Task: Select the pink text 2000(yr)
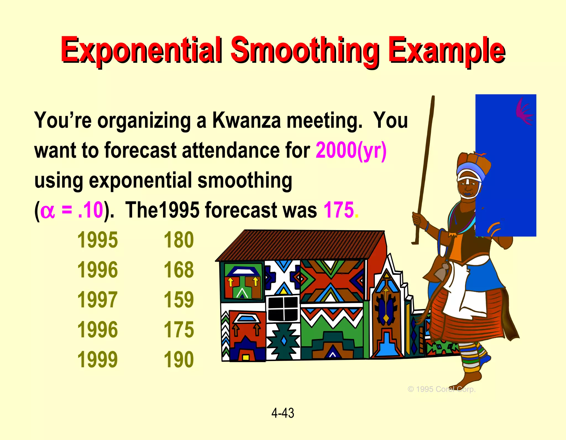point(351,151)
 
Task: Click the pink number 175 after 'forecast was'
point(339,210)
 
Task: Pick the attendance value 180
point(179,240)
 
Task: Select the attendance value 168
point(179,270)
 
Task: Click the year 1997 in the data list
point(97,300)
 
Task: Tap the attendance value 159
point(179,300)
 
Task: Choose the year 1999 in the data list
point(97,360)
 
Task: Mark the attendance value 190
point(179,360)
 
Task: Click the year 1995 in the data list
point(97,240)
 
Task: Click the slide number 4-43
point(282,413)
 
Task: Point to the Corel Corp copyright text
point(441,389)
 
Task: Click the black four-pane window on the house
point(283,309)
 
